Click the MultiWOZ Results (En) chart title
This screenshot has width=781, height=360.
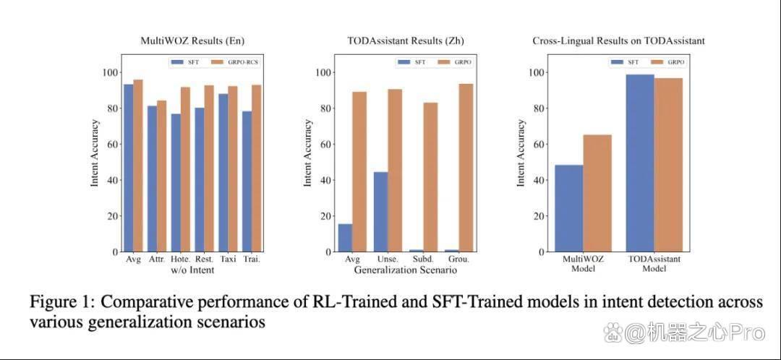pos(192,40)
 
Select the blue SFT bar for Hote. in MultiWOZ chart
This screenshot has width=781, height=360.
pos(176,183)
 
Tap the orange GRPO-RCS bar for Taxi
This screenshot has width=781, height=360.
pos(233,169)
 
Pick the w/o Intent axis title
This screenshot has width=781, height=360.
pos(192,270)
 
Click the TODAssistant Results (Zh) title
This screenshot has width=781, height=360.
pos(406,40)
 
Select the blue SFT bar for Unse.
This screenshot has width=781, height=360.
pos(381,212)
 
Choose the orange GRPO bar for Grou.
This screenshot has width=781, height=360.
pos(466,168)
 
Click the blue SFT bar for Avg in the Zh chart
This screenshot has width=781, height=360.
pos(345,238)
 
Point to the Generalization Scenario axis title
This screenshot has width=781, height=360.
pos(406,270)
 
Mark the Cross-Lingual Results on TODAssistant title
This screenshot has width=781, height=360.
pos(618,40)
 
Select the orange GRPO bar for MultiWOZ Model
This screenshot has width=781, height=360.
pos(597,193)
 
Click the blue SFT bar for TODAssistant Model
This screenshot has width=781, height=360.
pos(640,163)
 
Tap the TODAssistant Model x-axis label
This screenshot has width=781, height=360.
pos(654,264)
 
